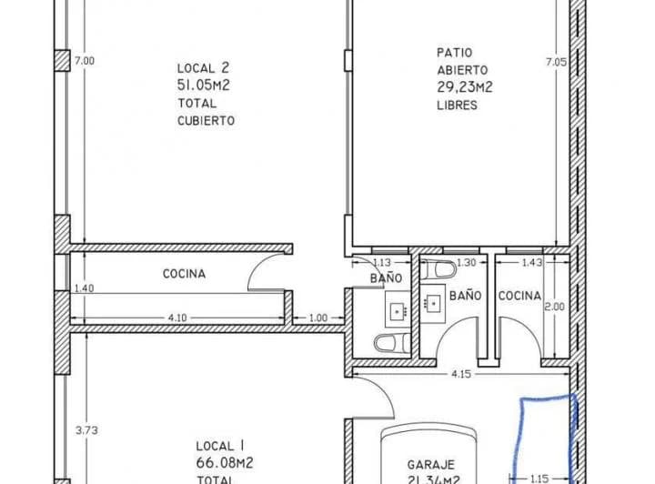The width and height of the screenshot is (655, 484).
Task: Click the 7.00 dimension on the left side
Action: click(x=84, y=61)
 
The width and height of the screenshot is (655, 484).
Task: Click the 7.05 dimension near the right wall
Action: click(x=554, y=62)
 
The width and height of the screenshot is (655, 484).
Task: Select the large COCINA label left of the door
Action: click(x=184, y=274)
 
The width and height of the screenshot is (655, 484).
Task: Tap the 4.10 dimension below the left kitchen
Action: click(x=177, y=317)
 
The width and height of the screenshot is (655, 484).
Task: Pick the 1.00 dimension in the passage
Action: click(x=318, y=317)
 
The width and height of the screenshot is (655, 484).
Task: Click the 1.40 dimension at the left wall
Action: click(x=85, y=288)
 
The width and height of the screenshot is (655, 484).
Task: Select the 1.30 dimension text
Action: click(x=466, y=263)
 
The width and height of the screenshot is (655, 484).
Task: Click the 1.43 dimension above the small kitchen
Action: click(x=533, y=263)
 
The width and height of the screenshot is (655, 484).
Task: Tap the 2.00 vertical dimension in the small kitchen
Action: click(x=554, y=308)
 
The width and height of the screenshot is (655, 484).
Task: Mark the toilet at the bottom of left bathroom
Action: click(x=387, y=344)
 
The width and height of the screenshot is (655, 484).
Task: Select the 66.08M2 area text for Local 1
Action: click(x=224, y=463)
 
